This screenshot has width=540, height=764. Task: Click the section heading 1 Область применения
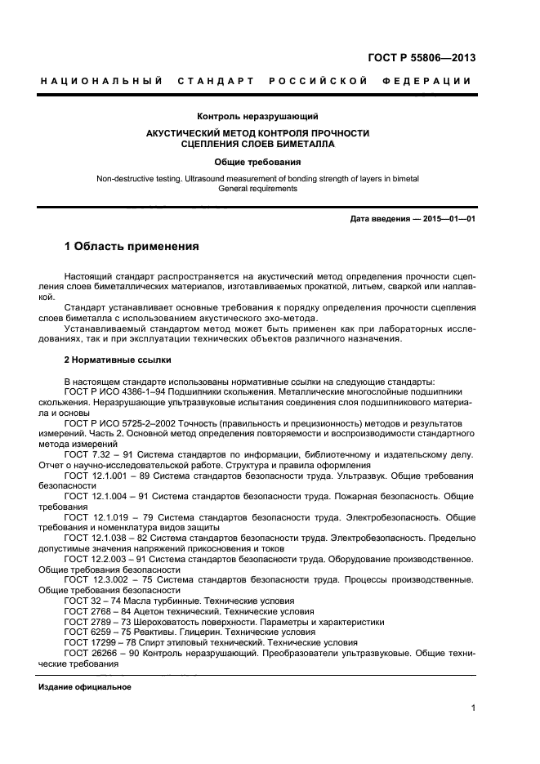132,246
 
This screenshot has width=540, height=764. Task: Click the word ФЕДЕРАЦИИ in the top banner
426,81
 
